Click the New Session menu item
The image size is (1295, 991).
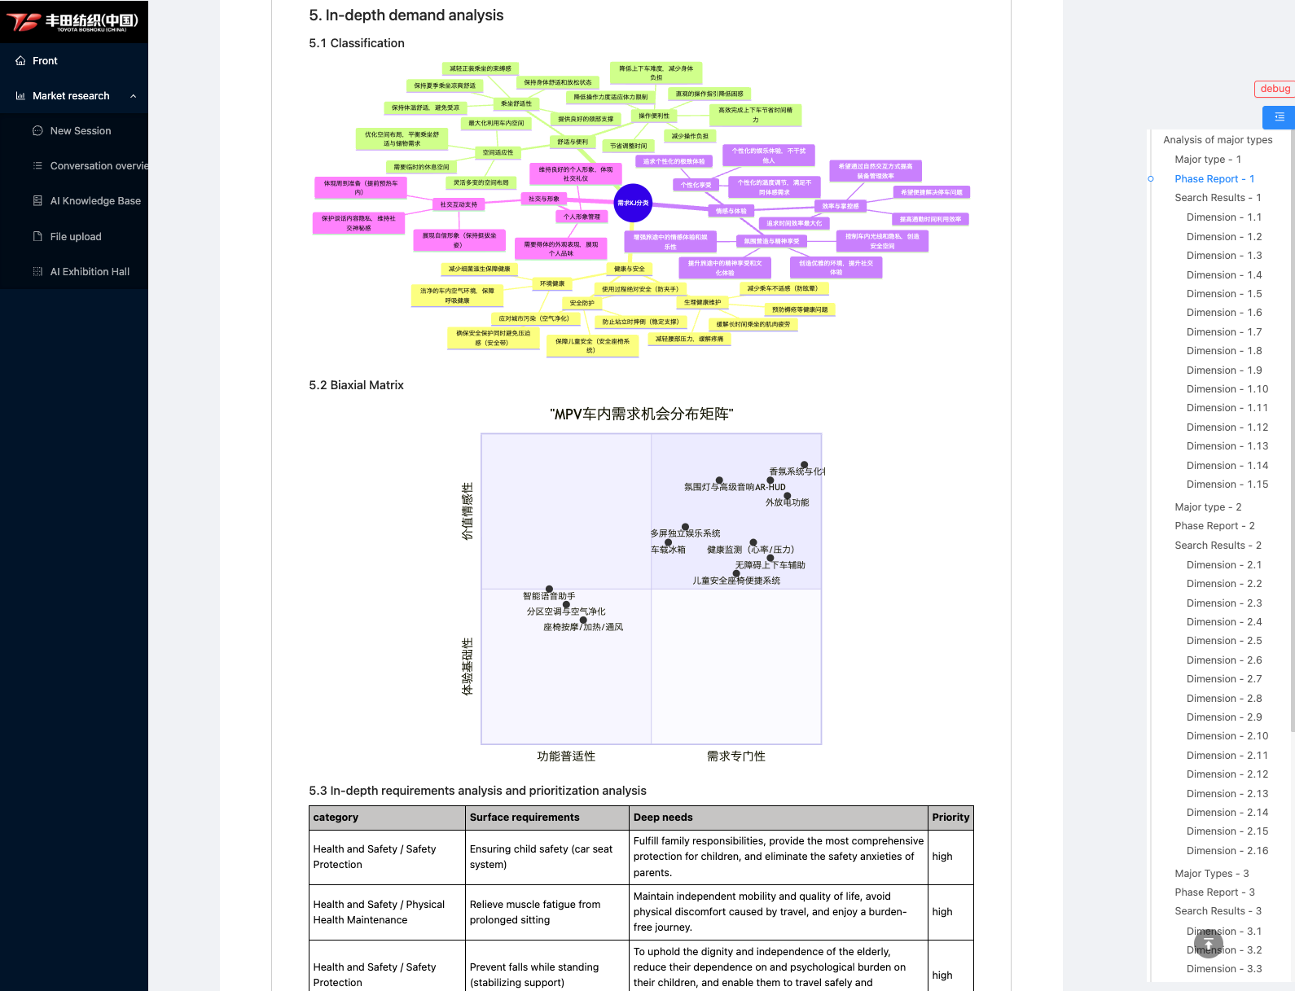(80, 131)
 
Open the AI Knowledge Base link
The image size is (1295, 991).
(94, 201)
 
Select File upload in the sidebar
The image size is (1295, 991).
(75, 237)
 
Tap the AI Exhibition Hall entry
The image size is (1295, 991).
(90, 272)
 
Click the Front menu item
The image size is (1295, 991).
(45, 61)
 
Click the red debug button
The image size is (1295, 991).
(1274, 89)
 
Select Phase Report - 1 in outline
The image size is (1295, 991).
(1214, 179)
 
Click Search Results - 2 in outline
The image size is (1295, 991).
(1218, 546)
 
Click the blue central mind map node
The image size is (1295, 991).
(633, 204)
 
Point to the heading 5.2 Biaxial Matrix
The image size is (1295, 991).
(356, 385)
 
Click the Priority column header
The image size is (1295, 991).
(950, 818)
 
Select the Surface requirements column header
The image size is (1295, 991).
(525, 818)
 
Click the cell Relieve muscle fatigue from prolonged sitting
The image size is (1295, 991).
(535, 912)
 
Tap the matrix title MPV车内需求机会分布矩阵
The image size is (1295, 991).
(642, 414)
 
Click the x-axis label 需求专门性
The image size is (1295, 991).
(735, 756)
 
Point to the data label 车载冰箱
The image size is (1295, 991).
(668, 550)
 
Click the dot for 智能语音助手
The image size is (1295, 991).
(549, 589)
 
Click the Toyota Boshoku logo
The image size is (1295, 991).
(73, 22)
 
